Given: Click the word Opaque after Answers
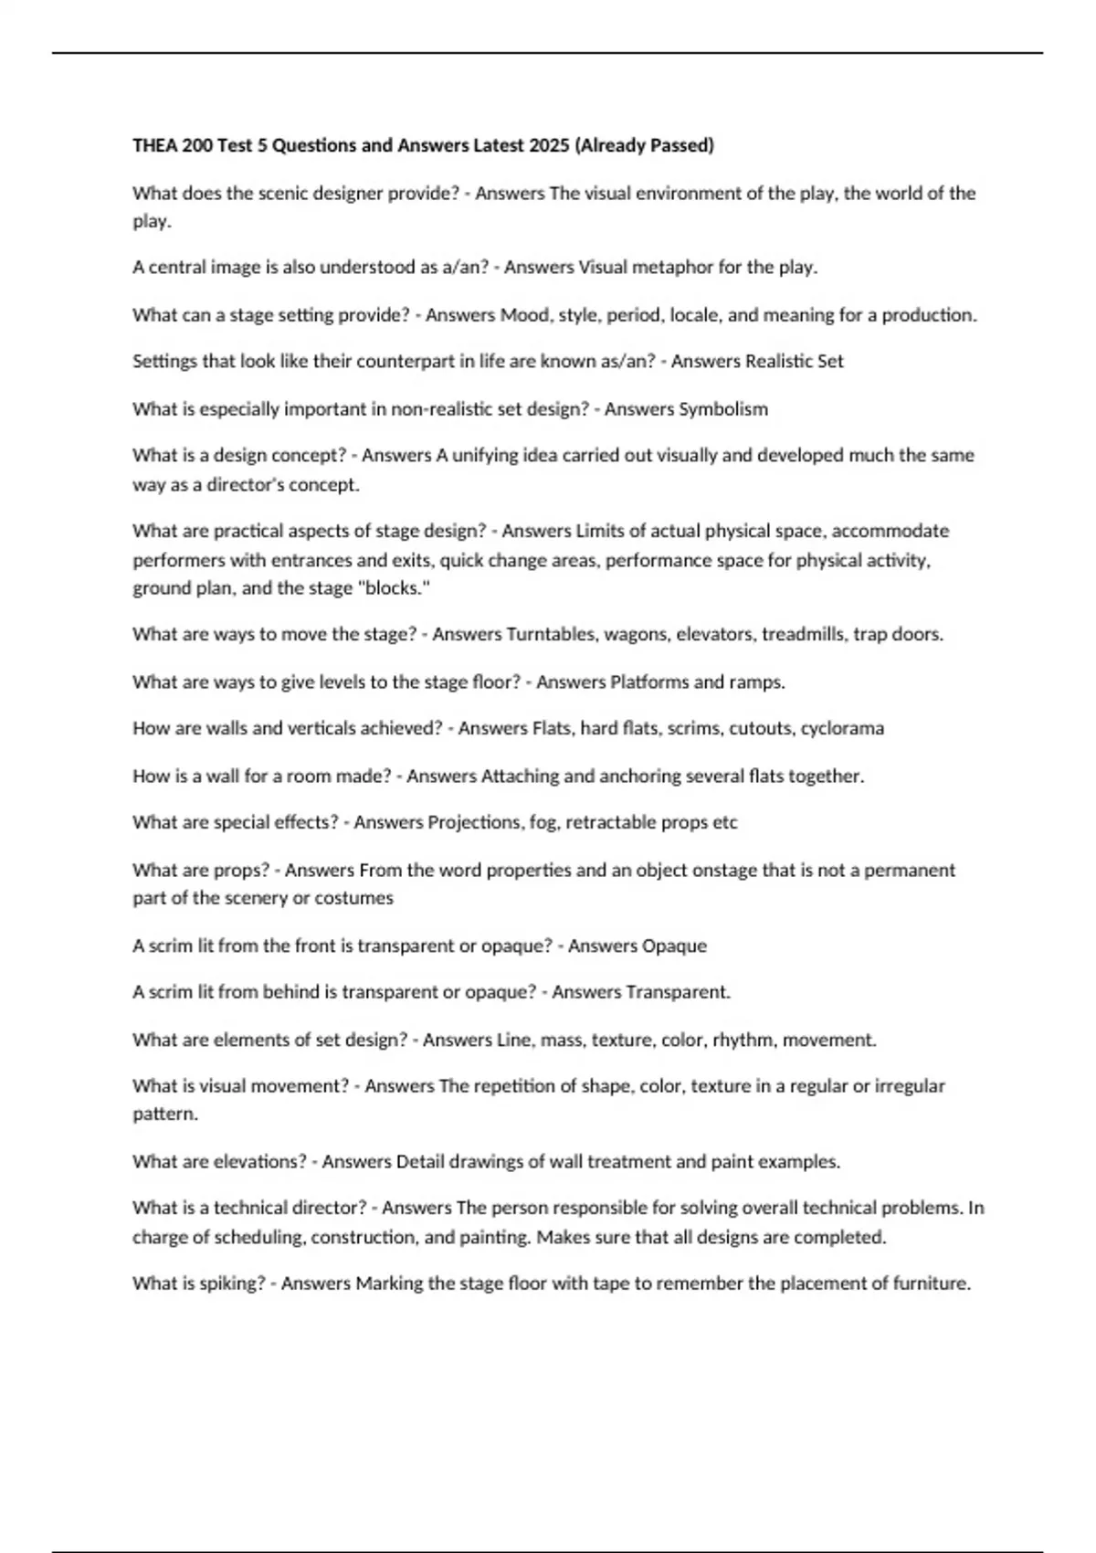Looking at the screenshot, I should (675, 946).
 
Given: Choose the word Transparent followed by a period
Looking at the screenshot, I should (673, 992).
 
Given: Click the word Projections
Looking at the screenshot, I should (473, 822).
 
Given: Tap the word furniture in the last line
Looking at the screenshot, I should (928, 1284).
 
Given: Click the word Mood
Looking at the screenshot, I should (524, 315).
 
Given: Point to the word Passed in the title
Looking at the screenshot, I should (680, 145).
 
